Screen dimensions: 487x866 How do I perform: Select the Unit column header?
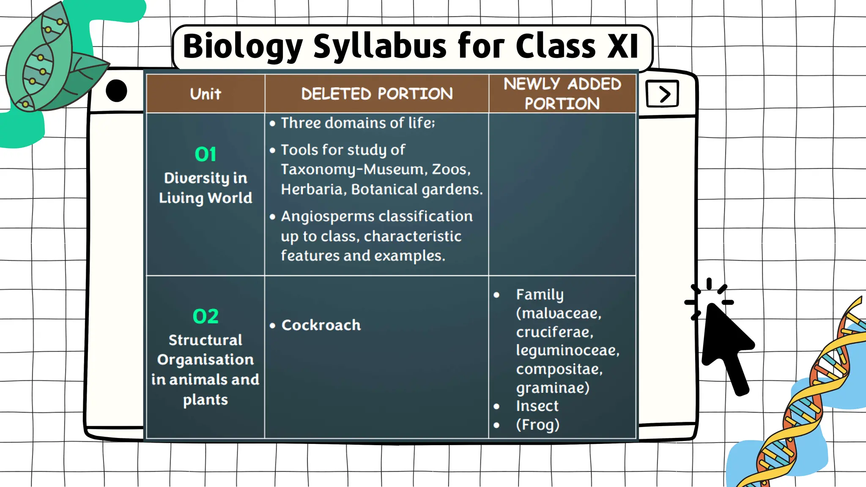[x=206, y=94]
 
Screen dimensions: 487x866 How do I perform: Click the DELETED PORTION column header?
[x=377, y=94]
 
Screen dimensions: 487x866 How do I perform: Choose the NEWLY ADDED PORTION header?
[x=562, y=93]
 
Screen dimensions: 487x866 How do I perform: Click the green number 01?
[x=206, y=154]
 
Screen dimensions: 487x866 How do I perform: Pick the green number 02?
[x=206, y=316]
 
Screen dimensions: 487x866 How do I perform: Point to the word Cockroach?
[x=321, y=325]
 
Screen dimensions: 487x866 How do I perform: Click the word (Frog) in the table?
[x=537, y=424]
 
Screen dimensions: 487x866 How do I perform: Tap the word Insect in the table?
[x=537, y=406]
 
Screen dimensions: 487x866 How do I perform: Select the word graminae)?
[x=552, y=388]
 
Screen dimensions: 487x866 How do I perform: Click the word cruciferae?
[x=554, y=332]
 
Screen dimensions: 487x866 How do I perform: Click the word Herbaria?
[x=313, y=189]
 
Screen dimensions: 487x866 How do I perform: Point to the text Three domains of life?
[x=357, y=123]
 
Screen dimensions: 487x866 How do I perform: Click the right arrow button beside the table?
[x=663, y=94]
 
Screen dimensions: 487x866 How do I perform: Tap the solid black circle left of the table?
[x=116, y=90]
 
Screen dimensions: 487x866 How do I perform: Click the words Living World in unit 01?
[x=206, y=198]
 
